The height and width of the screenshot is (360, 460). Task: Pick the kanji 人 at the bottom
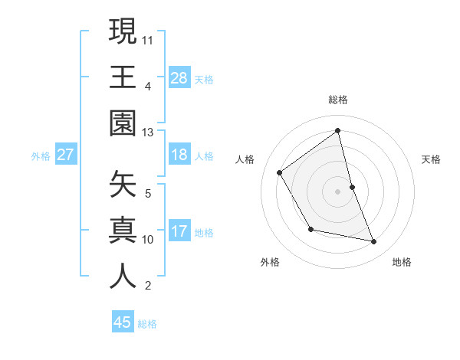[123, 277]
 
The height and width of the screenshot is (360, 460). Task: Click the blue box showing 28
[179, 77]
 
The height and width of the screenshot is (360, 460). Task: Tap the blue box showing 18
[179, 155]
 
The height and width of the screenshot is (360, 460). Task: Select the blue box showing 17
[179, 231]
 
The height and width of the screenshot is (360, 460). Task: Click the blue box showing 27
[65, 155]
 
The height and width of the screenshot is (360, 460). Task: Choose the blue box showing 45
[123, 322]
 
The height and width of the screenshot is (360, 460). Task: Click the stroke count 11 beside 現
[149, 39]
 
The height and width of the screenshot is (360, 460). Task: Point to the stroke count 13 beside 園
[148, 133]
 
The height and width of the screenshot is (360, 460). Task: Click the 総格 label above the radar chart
[338, 100]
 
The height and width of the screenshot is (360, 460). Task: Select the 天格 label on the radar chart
[432, 159]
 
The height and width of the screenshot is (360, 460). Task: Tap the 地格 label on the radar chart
[402, 262]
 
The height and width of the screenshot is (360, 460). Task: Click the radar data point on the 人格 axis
[280, 172]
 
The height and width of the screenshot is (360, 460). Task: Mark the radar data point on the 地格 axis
[374, 241]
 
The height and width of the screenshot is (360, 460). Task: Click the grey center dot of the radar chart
[338, 191]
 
